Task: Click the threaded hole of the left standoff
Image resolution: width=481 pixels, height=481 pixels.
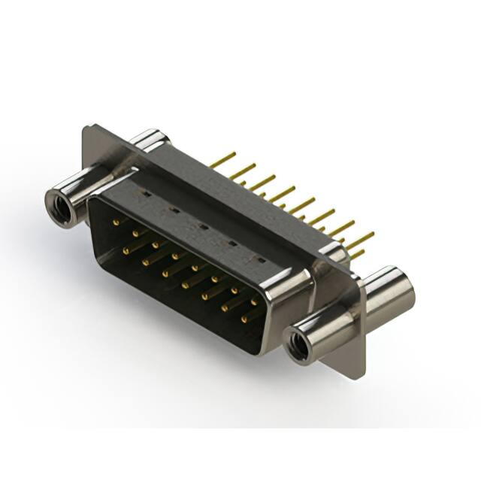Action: pyautogui.click(x=60, y=204)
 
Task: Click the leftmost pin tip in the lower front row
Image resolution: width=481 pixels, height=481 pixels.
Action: pyautogui.click(x=126, y=248)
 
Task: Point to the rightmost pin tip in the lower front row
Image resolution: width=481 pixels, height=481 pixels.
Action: pyautogui.click(x=244, y=319)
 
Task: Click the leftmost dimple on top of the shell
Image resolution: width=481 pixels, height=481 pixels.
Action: pyautogui.click(x=144, y=193)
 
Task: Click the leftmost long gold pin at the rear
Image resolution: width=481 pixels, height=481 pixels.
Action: pyautogui.click(x=222, y=159)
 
